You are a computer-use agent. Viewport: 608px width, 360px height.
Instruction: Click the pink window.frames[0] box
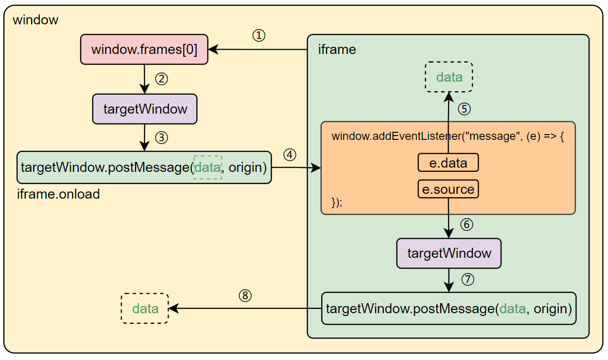[x=144, y=49]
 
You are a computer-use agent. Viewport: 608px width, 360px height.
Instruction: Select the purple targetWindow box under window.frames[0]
[x=145, y=109]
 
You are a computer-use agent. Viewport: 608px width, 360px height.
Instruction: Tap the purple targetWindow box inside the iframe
[x=449, y=253]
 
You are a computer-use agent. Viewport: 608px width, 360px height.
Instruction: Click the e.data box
[x=448, y=163]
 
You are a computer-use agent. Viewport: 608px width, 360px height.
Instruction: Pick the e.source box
[x=448, y=189]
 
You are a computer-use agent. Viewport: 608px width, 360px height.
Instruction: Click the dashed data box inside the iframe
[x=449, y=77]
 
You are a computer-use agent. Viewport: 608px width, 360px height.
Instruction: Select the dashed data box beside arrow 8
[x=145, y=308]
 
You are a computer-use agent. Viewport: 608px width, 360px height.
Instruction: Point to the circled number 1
[x=259, y=36]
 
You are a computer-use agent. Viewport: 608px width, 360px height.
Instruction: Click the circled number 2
[x=162, y=79]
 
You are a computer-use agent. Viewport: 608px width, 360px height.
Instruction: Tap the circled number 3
[x=162, y=138]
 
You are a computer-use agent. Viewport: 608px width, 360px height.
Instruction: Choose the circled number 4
[x=290, y=155]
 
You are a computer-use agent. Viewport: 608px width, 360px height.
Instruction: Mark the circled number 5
[x=464, y=109]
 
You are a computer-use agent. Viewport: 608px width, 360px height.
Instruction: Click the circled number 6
[x=466, y=224]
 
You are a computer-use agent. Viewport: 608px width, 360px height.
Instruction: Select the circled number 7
[x=468, y=279]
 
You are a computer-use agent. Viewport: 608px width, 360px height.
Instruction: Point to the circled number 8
[x=245, y=296]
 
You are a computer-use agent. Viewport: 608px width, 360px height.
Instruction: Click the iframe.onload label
[x=58, y=194]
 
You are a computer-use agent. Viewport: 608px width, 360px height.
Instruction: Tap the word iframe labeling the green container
[x=337, y=49]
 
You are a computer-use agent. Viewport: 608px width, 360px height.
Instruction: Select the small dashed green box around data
[x=208, y=167]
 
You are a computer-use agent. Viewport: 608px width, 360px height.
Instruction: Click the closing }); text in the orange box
[x=337, y=202]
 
